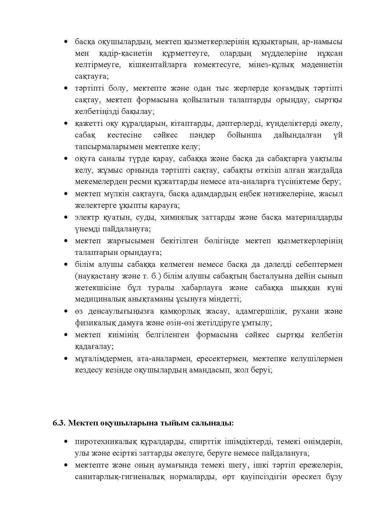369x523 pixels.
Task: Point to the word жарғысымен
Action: (128, 241)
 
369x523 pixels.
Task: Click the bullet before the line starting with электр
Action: (66, 217)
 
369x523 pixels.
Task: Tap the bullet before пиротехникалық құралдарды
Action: (66, 442)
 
